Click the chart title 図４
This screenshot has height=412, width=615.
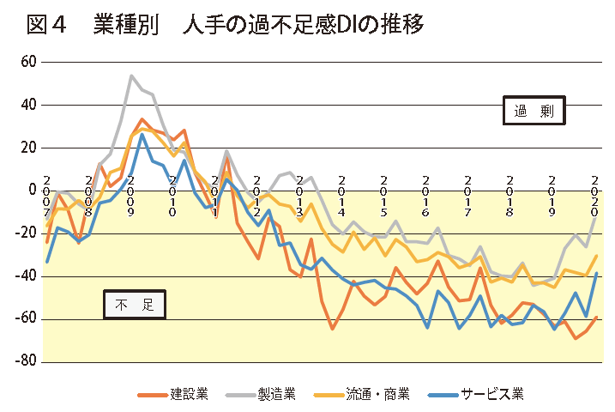[46, 26]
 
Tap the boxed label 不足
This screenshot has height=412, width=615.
[134, 304]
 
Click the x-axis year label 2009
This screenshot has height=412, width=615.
[130, 196]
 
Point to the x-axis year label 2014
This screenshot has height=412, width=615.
[341, 196]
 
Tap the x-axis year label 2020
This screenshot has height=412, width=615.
[594, 196]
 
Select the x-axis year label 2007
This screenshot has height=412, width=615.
[46, 196]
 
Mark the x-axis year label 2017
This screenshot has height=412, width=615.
[468, 196]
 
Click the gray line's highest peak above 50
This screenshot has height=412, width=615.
[131, 76]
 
